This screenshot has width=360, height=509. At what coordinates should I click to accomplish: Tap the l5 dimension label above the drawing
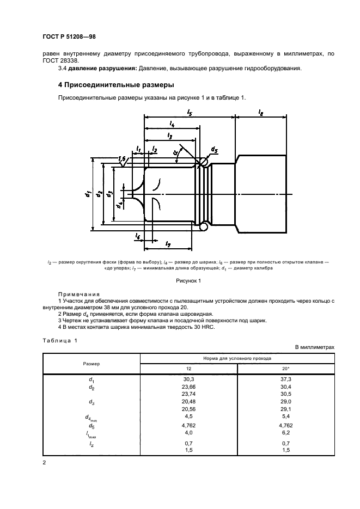coord(189,112)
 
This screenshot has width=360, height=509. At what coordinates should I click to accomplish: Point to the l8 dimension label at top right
coord(261,112)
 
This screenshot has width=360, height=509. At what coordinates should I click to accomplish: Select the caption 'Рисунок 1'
coord(188,281)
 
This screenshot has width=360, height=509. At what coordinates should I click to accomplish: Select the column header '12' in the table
coord(189,369)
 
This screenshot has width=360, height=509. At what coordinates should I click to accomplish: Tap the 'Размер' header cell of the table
coord(91,363)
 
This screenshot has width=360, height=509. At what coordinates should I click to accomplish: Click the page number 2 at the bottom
coord(44,463)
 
